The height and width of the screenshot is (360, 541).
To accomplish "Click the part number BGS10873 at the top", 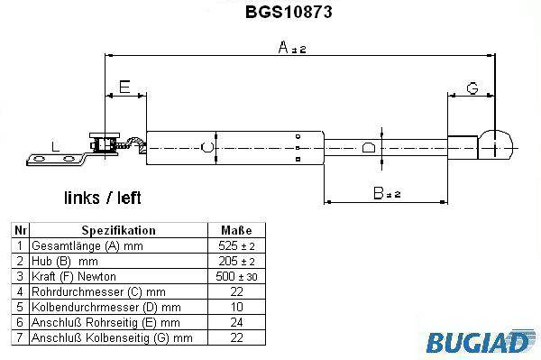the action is tap(289, 12).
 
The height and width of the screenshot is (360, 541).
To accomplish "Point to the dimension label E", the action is tap(124, 87).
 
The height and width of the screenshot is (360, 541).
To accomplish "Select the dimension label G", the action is tap(472, 88).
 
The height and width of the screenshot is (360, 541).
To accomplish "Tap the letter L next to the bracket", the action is tap(55, 146).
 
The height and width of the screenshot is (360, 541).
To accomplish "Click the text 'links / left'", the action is tap(103, 198).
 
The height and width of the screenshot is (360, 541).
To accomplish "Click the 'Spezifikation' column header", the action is tap(119, 230).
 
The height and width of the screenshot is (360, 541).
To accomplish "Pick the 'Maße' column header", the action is tap(236, 230).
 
